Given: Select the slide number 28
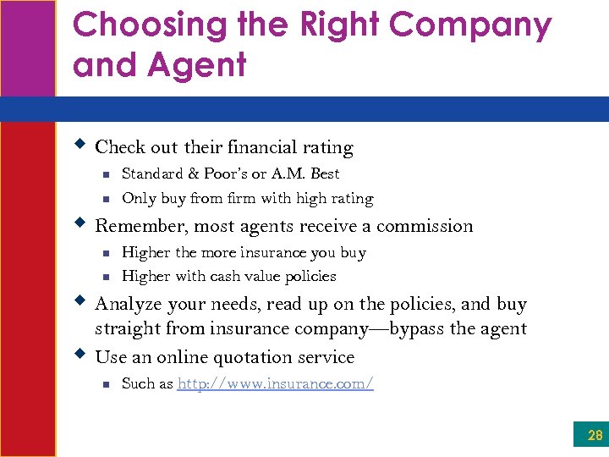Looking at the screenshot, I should (595, 436).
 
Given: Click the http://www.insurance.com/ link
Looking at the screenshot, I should (276, 383).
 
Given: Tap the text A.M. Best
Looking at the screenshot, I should (312, 173).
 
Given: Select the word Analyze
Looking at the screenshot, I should (127, 304).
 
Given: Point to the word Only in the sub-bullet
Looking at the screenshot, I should (137, 199).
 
